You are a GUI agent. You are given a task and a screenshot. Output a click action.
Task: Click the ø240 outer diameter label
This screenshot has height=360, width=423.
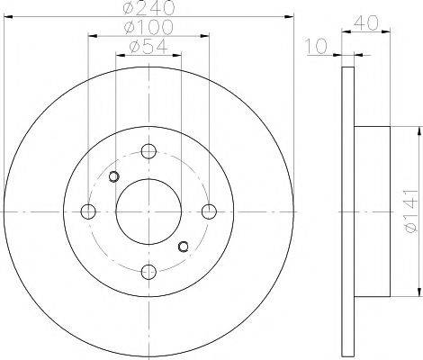click(x=148, y=8)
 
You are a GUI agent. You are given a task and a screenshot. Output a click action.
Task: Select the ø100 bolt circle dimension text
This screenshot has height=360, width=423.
click(x=148, y=27)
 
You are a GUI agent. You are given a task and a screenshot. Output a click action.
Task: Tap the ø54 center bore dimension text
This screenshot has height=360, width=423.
click(x=148, y=47)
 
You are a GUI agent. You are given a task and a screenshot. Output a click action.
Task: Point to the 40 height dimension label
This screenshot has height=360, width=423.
click(x=366, y=23)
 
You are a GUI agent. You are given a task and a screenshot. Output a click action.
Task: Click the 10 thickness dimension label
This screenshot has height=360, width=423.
click(x=316, y=47)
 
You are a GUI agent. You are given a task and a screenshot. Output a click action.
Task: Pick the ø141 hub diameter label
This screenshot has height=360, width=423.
click(x=410, y=211)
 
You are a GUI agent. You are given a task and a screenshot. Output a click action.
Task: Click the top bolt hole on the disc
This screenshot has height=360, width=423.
click(x=148, y=151)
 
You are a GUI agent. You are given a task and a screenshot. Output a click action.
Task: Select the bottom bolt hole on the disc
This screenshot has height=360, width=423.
click(x=148, y=272)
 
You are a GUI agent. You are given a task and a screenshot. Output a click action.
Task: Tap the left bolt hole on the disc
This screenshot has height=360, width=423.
click(x=88, y=211)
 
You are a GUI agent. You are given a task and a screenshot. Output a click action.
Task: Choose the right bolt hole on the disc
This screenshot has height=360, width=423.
click(x=209, y=211)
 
